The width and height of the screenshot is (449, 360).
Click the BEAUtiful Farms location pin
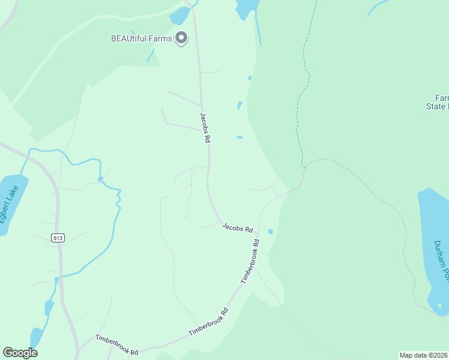pos(181,38)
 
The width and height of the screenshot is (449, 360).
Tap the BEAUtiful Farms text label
pos(142,38)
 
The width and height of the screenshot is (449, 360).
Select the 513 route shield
pos(58,238)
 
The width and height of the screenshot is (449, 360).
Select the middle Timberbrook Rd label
pos(209,322)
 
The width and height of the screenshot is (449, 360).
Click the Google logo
pos(20,353)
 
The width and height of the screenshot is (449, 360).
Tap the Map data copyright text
pos(424,355)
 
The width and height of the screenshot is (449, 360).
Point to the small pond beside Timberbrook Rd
pos(271,232)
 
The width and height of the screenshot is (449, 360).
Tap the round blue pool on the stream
pos(100,179)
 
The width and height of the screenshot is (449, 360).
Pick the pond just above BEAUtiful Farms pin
pos(179,16)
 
